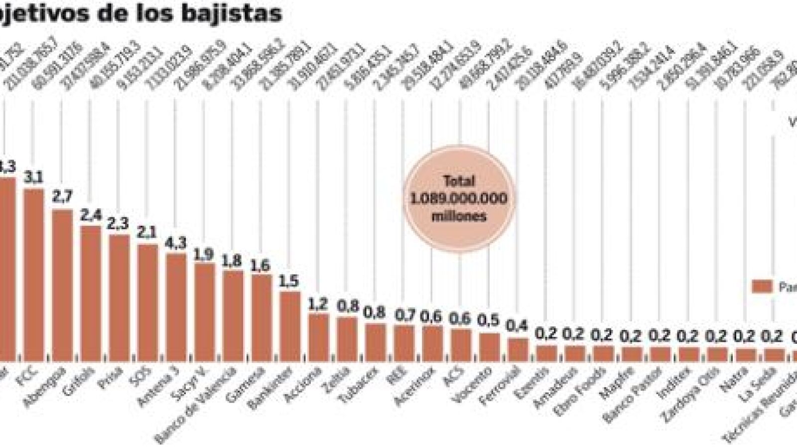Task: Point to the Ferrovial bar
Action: pos(519,349)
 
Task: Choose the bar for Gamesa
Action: pos(262,317)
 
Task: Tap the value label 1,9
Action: pos(204,254)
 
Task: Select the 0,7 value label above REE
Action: pos(404,315)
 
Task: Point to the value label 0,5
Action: pos(490,321)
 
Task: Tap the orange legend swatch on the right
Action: pos(762,287)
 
